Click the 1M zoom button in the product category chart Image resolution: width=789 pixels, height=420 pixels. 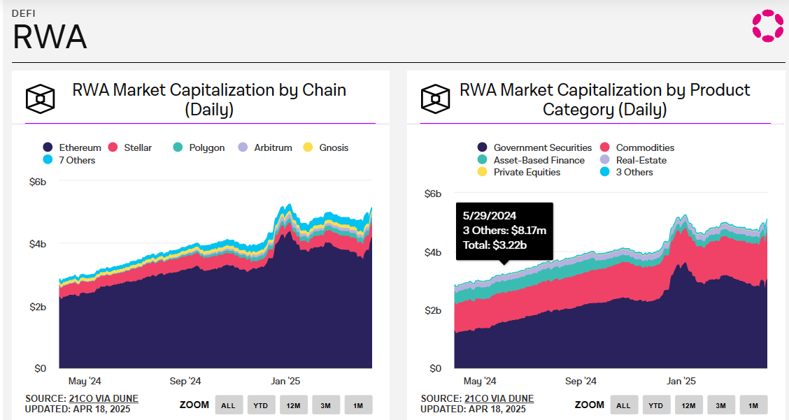(x=753, y=405)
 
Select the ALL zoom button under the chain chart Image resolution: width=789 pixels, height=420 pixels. (x=229, y=405)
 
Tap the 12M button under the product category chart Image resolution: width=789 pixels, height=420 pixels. (x=688, y=405)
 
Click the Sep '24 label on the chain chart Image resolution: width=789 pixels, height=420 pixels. (x=185, y=382)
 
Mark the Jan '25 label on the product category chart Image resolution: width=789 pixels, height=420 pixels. (x=681, y=382)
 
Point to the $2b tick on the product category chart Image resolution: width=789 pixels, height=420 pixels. (x=434, y=310)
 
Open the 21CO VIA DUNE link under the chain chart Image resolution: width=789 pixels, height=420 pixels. (x=104, y=398)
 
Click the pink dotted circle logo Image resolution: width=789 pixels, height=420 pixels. (x=767, y=25)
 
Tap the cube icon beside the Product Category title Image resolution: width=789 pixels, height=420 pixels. (x=435, y=99)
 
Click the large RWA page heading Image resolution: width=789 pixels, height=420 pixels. (x=50, y=37)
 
